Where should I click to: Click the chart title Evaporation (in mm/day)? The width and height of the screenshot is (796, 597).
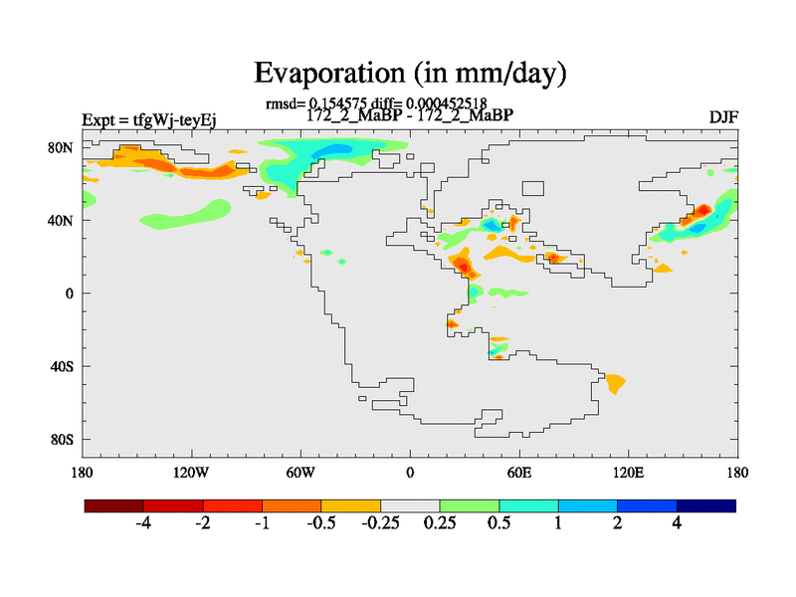point(410,73)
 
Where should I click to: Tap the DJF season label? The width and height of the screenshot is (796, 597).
point(722,119)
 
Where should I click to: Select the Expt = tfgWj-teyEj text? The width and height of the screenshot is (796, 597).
point(149,120)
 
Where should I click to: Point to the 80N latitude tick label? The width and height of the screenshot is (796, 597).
point(62,147)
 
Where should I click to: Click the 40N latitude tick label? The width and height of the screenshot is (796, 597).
point(62,220)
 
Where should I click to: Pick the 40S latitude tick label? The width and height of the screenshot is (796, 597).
point(62,366)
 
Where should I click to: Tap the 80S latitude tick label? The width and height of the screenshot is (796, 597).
point(62,439)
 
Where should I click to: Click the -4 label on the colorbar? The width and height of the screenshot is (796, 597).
point(143,523)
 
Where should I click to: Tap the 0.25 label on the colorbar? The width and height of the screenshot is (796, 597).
point(440,523)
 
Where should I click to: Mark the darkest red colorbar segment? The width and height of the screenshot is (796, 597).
point(114,505)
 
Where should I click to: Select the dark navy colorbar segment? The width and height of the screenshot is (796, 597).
point(706,505)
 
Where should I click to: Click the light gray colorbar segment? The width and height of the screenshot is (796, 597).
point(410,505)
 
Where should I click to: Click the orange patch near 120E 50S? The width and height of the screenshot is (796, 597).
point(615,382)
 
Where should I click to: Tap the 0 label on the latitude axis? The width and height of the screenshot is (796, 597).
point(70,294)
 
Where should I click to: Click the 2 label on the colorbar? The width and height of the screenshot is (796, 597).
point(618,523)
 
